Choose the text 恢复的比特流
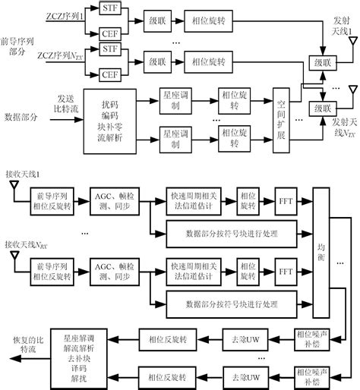[x=21, y=347]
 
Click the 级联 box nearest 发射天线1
[x=321, y=61]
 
